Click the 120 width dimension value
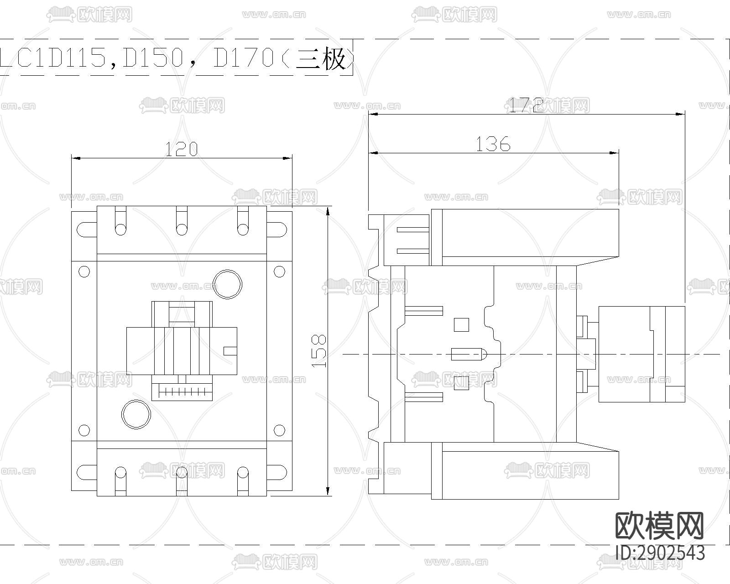(181, 149)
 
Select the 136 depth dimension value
(493, 144)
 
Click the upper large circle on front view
(228, 284)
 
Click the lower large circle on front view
(136, 414)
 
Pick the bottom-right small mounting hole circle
(279, 430)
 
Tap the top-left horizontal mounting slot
(87, 229)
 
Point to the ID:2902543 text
(660, 553)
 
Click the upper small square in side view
(462, 324)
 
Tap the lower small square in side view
(462, 384)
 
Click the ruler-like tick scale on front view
(182, 391)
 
